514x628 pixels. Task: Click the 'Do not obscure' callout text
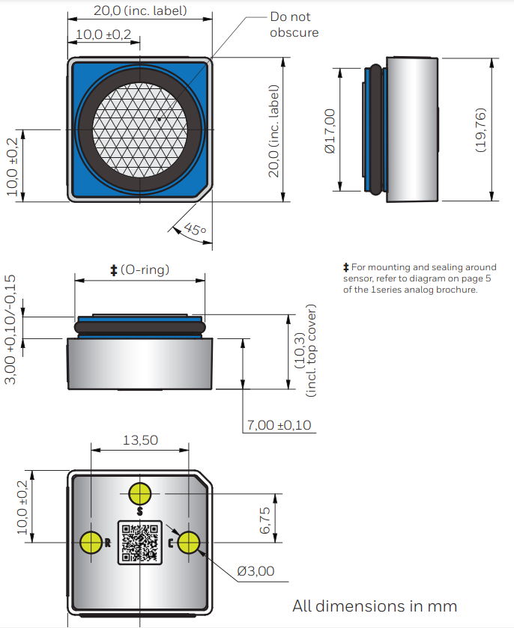pyautogui.click(x=294, y=25)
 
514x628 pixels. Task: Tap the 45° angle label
pyautogui.click(x=193, y=230)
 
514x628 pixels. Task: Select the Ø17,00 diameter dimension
pyautogui.click(x=330, y=130)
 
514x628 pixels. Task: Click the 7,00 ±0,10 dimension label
pyautogui.click(x=279, y=425)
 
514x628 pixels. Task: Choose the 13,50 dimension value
pyautogui.click(x=140, y=440)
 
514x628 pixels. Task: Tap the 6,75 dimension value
pyautogui.click(x=264, y=519)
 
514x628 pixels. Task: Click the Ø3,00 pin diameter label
pyautogui.click(x=255, y=571)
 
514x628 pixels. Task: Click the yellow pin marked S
pyautogui.click(x=140, y=494)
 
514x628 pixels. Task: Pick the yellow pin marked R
pyautogui.click(x=91, y=542)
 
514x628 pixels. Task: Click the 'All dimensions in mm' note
pyautogui.click(x=375, y=606)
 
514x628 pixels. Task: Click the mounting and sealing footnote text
pyautogui.click(x=419, y=278)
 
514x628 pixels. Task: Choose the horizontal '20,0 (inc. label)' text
pyautogui.click(x=140, y=11)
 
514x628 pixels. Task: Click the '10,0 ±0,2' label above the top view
pyautogui.click(x=103, y=34)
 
